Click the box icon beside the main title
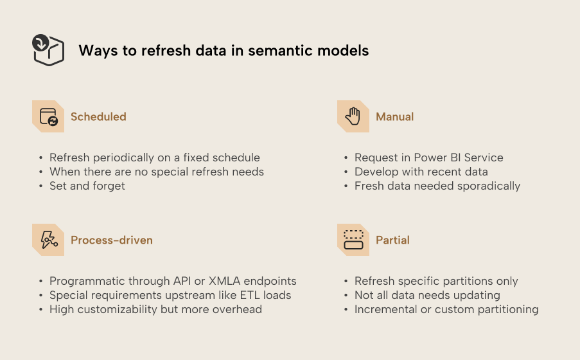[48, 50]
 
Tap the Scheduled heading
[98, 116]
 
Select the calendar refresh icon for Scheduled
[48, 116]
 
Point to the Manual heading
[394, 116]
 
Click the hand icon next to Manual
[353, 116]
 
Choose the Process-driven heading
[112, 240]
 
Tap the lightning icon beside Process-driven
[48, 240]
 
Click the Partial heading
[392, 240]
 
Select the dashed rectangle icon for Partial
[353, 240]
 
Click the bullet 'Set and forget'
[87, 186]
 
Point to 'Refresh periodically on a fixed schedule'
[155, 157]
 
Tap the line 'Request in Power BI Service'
[429, 157]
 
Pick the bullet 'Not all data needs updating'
[427, 295]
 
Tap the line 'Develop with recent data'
[421, 172]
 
